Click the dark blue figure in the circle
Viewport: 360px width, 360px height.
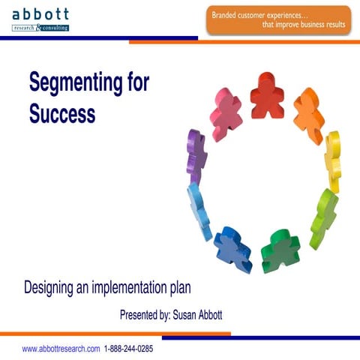pyautogui.click(x=232, y=248)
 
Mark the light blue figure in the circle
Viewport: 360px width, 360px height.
pyautogui.click(x=199, y=209)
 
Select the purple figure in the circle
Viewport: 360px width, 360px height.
pyautogui.click(x=196, y=155)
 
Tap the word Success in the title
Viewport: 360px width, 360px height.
pyautogui.click(x=62, y=114)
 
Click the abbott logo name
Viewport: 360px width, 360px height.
pyautogui.click(x=40, y=14)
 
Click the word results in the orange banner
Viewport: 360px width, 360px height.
pyautogui.click(x=333, y=25)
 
